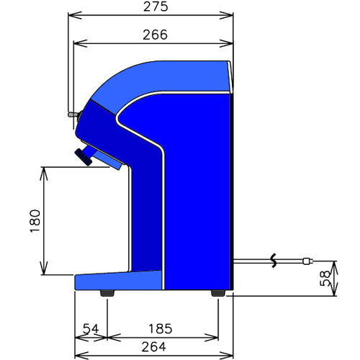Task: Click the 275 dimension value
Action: (156, 6)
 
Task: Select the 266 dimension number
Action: (155, 35)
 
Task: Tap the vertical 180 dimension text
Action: (35, 221)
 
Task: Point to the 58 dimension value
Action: (325, 279)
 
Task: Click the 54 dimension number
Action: (91, 328)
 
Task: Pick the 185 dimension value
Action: (161, 328)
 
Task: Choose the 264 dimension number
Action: (153, 347)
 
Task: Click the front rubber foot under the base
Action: (107, 293)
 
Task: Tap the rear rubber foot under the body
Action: (218, 293)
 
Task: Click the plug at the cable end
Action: (308, 261)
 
